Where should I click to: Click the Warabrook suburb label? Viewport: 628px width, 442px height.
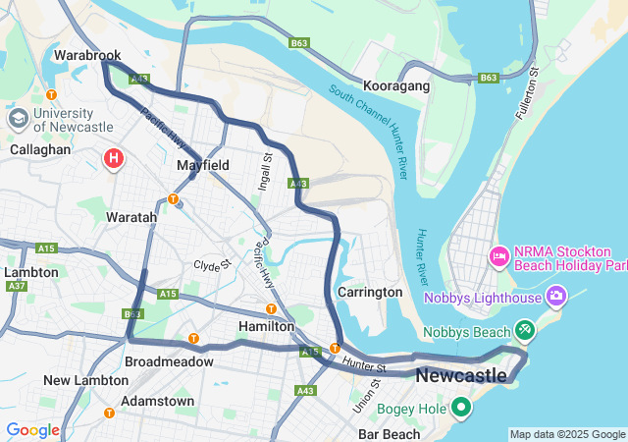click(87, 56)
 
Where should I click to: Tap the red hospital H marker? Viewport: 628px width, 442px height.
click(114, 157)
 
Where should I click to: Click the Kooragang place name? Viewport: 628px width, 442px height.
click(396, 86)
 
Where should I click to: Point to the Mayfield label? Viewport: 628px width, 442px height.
click(203, 165)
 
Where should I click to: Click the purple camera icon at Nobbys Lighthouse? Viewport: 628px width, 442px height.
click(556, 295)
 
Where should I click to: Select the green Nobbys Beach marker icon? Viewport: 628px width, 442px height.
click(525, 330)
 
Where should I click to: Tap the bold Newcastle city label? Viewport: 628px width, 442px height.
click(461, 376)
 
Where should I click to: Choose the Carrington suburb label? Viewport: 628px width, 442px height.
click(369, 292)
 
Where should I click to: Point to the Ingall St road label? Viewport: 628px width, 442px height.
click(267, 172)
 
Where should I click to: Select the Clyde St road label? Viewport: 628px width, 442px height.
click(211, 265)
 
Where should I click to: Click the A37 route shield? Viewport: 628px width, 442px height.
click(15, 286)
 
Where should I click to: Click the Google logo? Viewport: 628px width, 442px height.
click(32, 429)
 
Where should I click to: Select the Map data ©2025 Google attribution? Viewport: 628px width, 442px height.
click(567, 434)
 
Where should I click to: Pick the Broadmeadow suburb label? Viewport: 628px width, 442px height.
click(169, 361)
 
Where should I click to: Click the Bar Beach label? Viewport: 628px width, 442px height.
click(389, 433)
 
